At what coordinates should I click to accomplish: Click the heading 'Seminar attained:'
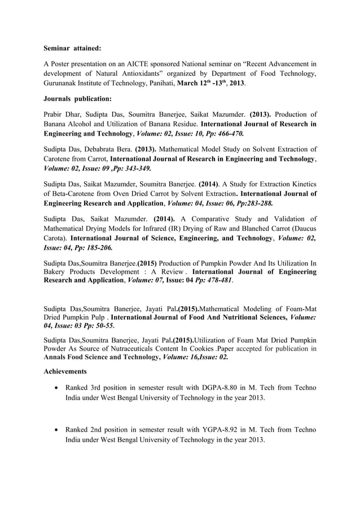click(72, 49)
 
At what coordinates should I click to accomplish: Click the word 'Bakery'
click(55, 272)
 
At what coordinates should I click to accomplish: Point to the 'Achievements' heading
click(65, 372)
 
